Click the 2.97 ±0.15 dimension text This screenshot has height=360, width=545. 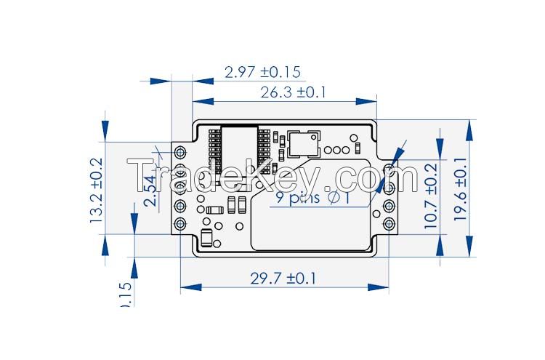tap(262, 72)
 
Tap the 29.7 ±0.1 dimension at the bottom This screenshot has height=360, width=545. tap(283, 278)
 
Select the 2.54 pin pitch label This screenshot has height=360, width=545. tap(150, 191)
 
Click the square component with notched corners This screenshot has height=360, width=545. tap(303, 143)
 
